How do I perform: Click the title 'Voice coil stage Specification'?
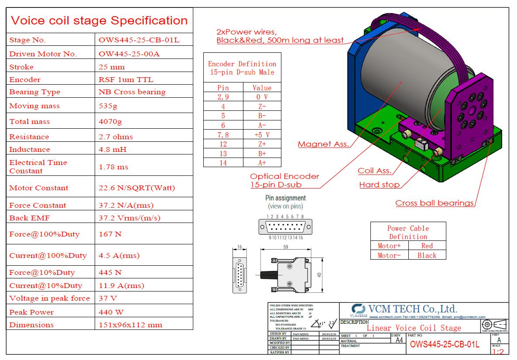(x=99, y=21)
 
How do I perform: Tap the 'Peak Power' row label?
(x=31, y=312)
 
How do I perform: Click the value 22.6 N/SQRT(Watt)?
(x=137, y=188)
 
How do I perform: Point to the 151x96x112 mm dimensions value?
(x=130, y=325)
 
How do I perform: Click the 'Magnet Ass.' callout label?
(x=323, y=144)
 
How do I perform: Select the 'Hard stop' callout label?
(x=379, y=185)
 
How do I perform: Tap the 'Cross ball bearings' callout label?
(x=435, y=203)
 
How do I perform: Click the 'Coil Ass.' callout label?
(x=374, y=171)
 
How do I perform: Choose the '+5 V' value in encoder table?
(x=262, y=135)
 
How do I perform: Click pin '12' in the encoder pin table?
(x=223, y=144)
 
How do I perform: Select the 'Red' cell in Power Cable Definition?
(x=427, y=246)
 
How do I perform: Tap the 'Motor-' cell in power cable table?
(x=389, y=256)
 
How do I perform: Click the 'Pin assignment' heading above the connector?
(x=285, y=198)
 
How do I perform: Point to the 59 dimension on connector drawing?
(x=286, y=247)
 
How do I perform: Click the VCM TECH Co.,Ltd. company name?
(x=412, y=309)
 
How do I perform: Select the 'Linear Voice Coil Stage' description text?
(x=414, y=328)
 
